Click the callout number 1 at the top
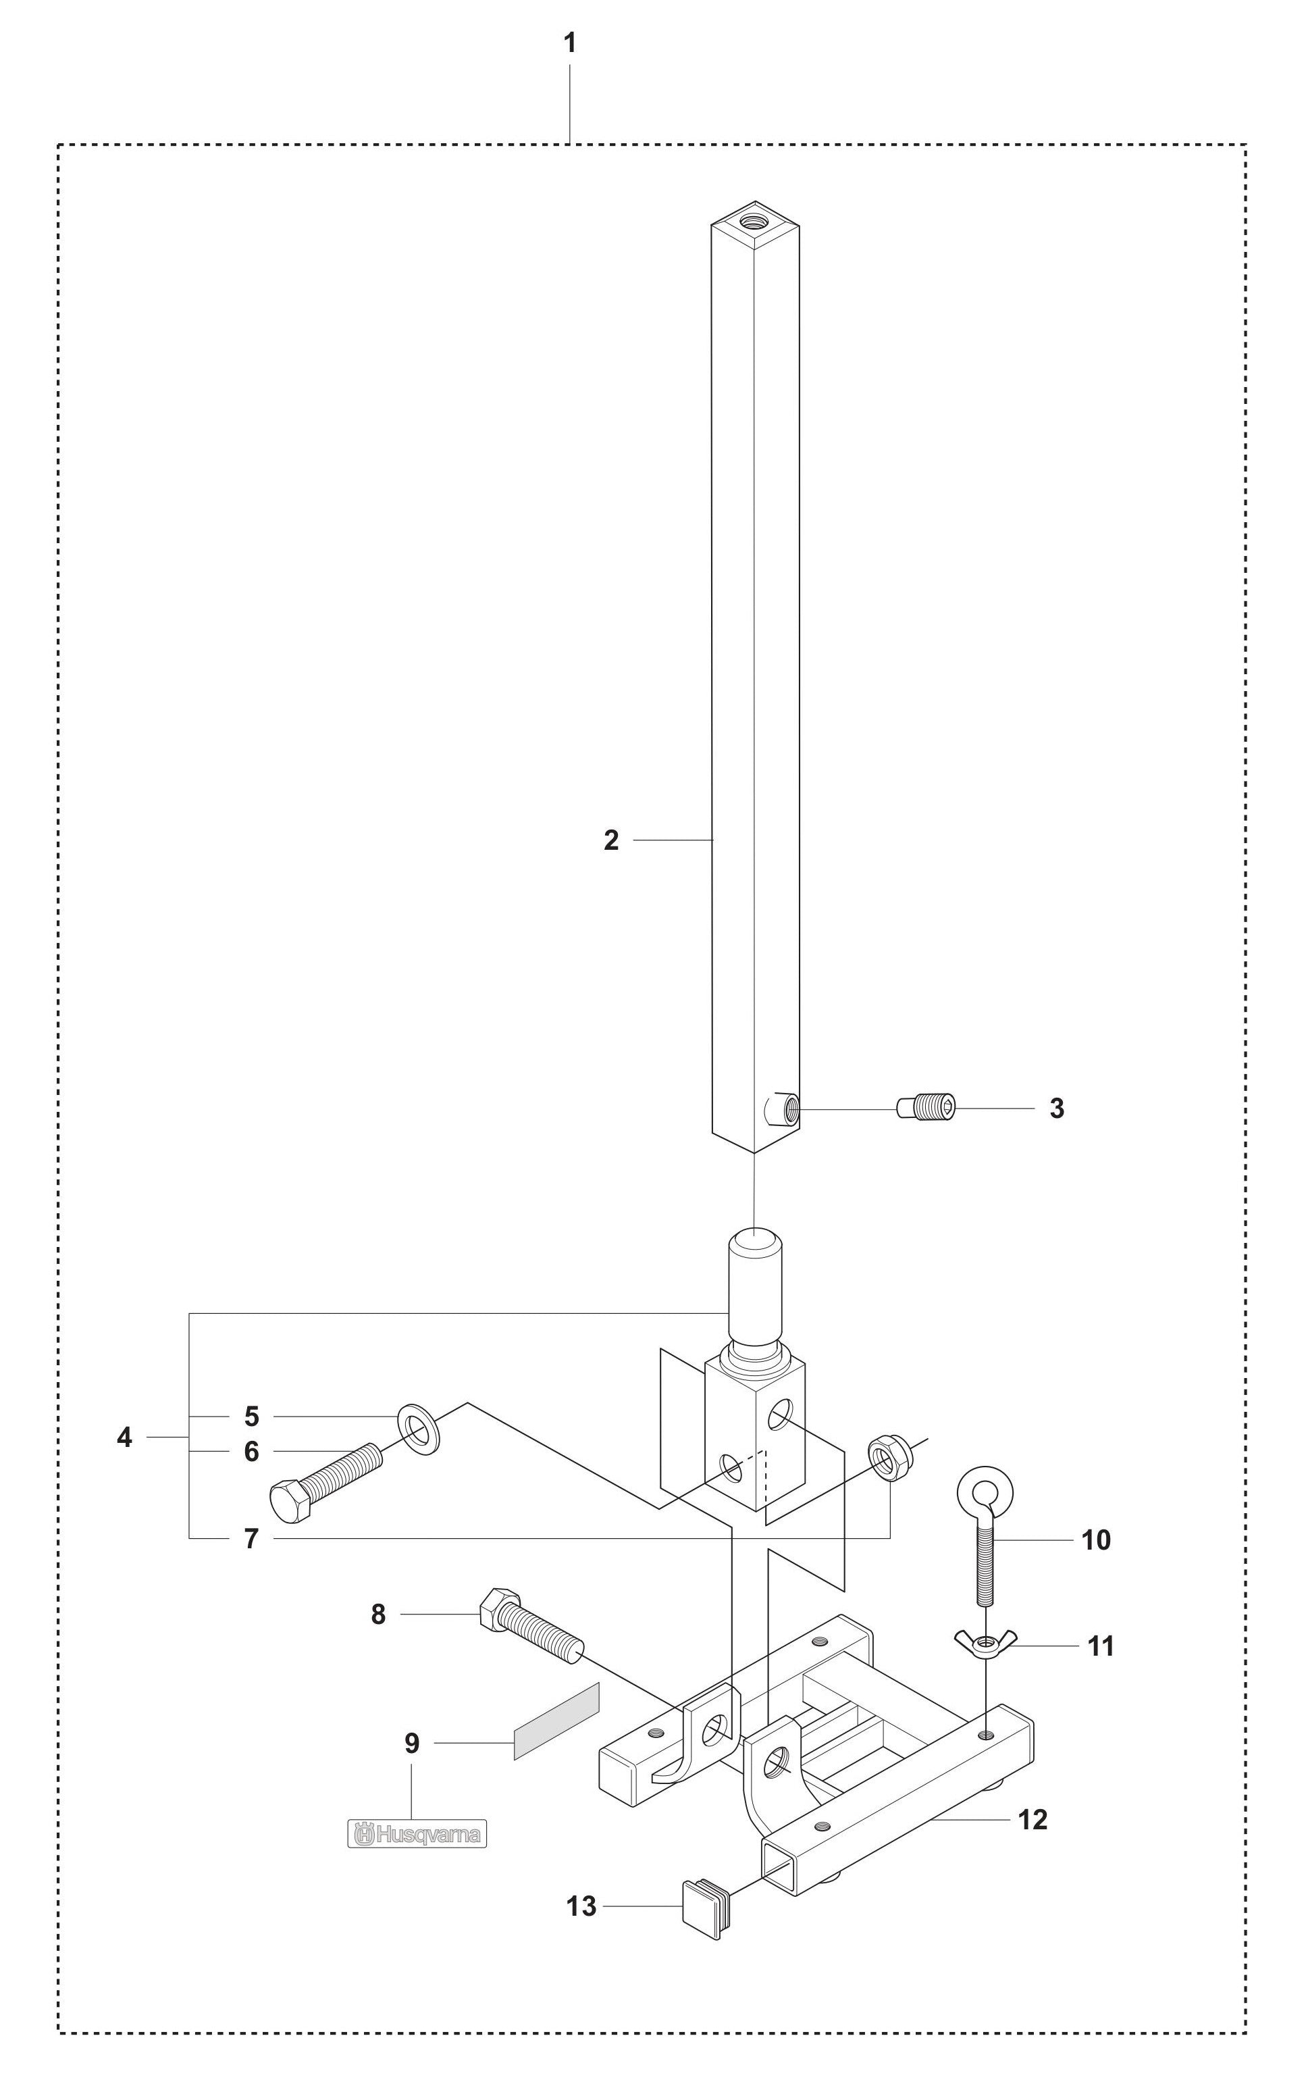click(569, 43)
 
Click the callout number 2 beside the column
click(610, 840)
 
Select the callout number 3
click(1056, 1109)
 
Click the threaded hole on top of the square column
click(754, 218)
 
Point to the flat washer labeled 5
click(419, 1429)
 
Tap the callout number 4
click(124, 1438)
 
